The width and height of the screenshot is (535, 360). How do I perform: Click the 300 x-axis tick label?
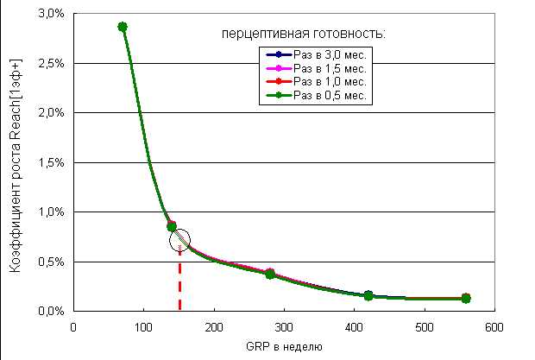point(284,327)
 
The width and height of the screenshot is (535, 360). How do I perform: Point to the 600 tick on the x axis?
point(494,327)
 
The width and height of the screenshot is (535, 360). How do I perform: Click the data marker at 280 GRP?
point(270,274)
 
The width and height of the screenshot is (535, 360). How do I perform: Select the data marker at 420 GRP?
point(368,295)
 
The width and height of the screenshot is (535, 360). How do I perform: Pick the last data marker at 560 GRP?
point(466,298)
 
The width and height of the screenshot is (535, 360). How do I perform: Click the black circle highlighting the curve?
point(179,239)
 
